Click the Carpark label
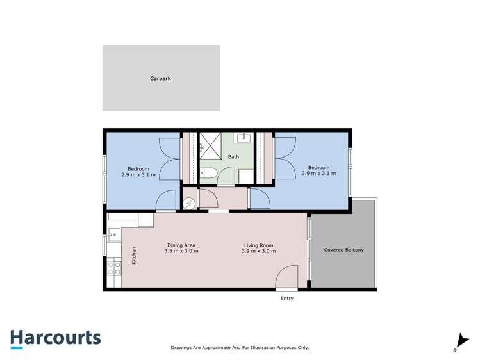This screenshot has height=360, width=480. click(x=160, y=79)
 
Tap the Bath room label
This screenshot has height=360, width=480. click(x=233, y=157)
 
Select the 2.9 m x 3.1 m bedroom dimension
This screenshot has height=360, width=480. click(x=138, y=174)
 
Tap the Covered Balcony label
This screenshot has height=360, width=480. click(x=343, y=250)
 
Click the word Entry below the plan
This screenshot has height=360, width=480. click(x=286, y=299)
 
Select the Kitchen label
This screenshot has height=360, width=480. click(x=134, y=256)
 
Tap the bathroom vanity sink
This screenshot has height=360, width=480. click(x=244, y=138)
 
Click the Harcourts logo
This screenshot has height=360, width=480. click(x=55, y=338)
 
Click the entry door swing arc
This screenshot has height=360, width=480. click(x=286, y=277)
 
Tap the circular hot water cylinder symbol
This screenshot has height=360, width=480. click(x=190, y=204)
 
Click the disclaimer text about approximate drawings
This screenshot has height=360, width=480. click(x=240, y=347)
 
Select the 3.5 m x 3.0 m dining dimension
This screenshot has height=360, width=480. click(x=181, y=251)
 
